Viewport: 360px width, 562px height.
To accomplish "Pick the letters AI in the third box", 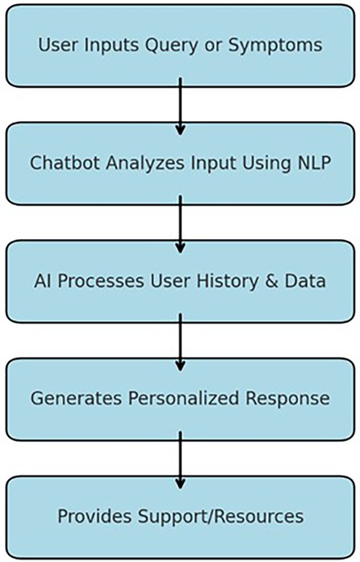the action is click(x=42, y=281).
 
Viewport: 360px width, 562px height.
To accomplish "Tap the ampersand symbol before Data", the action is click(x=272, y=281).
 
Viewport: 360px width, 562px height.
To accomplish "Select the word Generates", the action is click(x=76, y=399).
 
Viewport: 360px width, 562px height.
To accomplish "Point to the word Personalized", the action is click(x=184, y=399).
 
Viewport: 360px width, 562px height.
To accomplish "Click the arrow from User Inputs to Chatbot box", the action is click(x=180, y=107).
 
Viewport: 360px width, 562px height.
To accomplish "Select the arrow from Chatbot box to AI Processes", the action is click(x=180, y=224).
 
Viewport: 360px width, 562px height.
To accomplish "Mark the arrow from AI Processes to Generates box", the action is click(x=180, y=342).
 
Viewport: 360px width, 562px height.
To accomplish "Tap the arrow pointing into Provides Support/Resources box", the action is click(x=180, y=460).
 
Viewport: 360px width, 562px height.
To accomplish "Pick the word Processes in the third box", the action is click(x=101, y=281).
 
